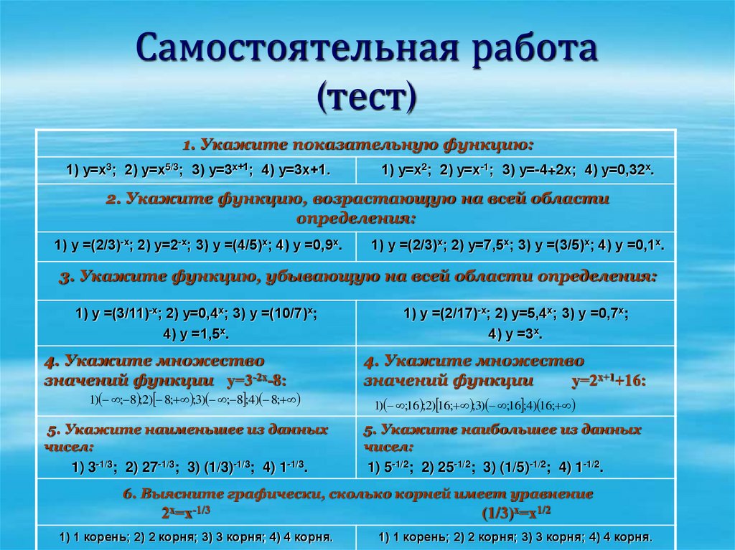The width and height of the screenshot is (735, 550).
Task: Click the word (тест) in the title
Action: [x=367, y=98]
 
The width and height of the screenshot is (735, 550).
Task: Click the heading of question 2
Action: [x=357, y=207]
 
